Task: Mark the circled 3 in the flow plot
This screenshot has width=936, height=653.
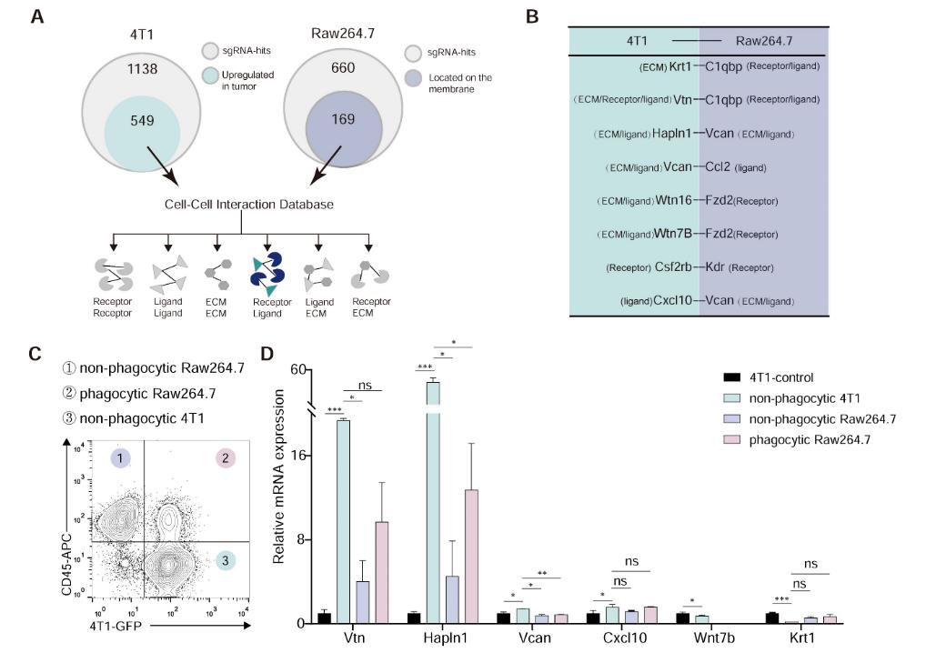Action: (x=225, y=561)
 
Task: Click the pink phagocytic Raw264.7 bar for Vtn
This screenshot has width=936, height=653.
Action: (x=382, y=572)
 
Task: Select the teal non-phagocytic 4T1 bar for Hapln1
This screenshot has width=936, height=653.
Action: (x=433, y=502)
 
